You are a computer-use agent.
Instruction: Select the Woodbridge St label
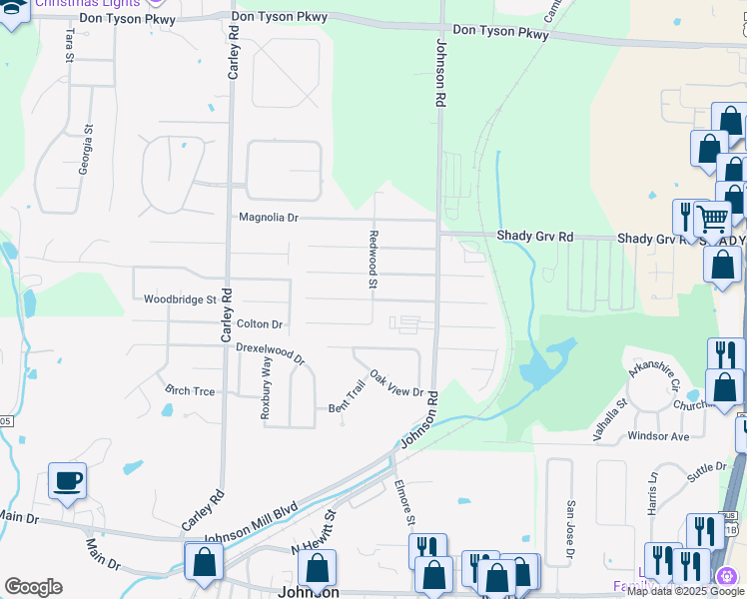pos(180,299)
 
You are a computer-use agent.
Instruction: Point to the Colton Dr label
pos(260,324)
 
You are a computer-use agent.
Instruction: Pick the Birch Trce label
pos(190,391)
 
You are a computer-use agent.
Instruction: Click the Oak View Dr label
pos(396,383)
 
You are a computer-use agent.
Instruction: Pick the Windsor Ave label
pos(658,436)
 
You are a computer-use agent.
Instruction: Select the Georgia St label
pos(88,145)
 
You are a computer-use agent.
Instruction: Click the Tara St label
pos(69,45)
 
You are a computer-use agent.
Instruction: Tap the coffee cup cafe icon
pos(68,481)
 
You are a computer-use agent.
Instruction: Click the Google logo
pos(33,587)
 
